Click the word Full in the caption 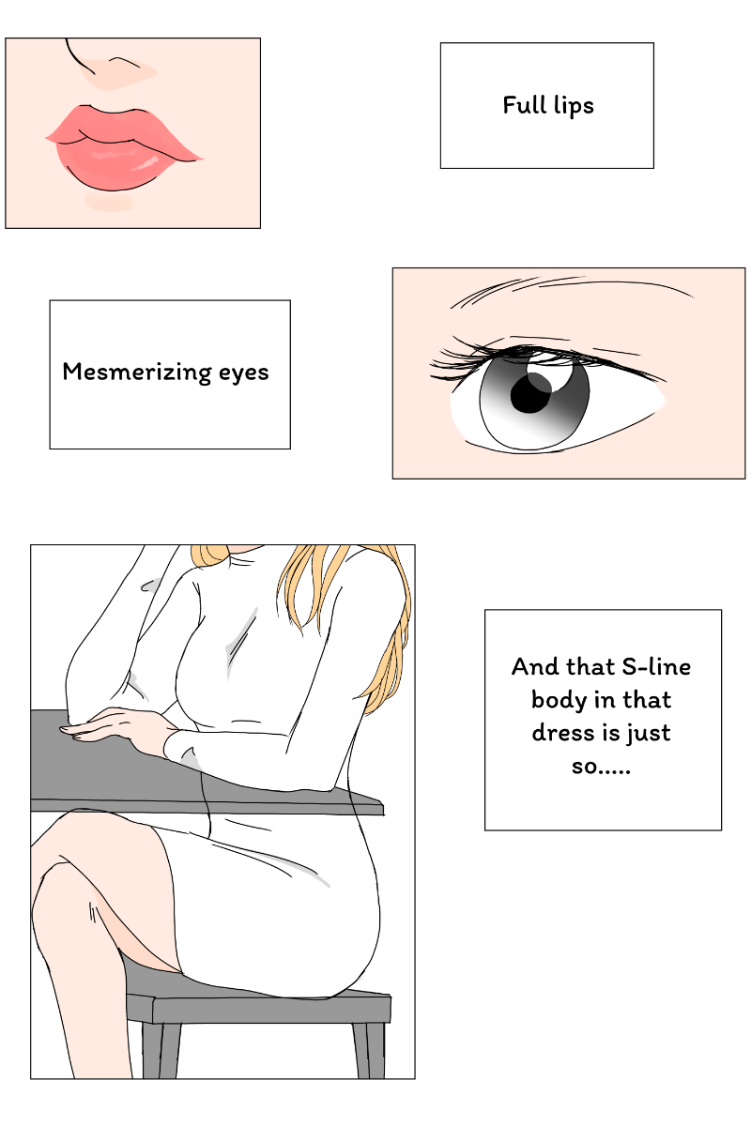(x=524, y=105)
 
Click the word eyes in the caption (x=243, y=374)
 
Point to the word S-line (x=656, y=666)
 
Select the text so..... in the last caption (x=601, y=767)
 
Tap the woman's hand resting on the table (x=120, y=723)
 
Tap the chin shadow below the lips (x=109, y=202)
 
